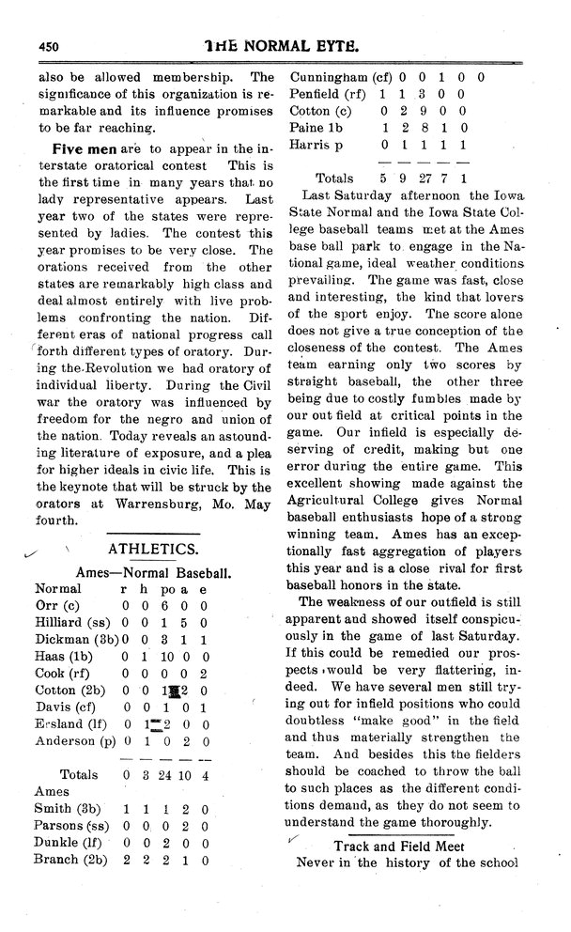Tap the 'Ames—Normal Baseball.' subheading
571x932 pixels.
(153, 571)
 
